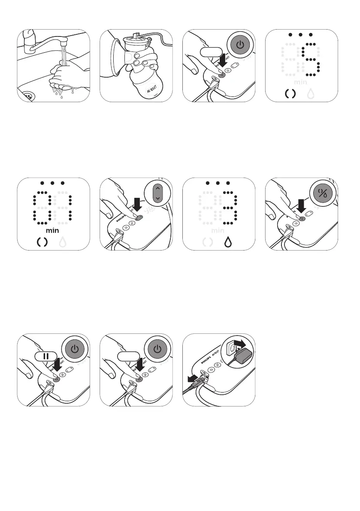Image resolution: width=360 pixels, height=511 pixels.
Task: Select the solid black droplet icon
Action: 228,243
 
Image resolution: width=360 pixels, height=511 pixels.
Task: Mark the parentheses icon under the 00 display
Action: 42,243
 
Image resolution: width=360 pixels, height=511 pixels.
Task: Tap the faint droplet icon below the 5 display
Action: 311,94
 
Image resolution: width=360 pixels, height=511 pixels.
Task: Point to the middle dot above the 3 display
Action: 218,183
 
